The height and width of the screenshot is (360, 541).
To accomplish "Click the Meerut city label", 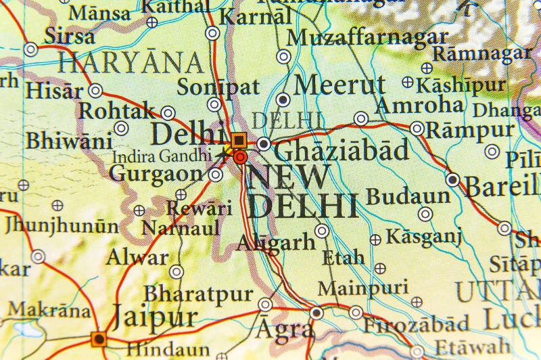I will click(x=340, y=85).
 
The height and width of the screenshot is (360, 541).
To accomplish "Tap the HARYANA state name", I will click(x=131, y=63).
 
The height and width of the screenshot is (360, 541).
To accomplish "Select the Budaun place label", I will click(x=408, y=196).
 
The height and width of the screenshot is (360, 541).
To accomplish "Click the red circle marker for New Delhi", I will click(x=240, y=158).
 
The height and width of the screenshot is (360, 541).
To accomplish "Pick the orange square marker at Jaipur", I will click(x=99, y=338).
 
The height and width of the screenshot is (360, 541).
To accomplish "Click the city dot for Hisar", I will click(x=95, y=91).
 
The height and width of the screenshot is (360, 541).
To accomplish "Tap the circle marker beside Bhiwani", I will click(x=121, y=128).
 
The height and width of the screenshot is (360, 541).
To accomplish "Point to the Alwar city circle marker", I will click(x=177, y=272).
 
